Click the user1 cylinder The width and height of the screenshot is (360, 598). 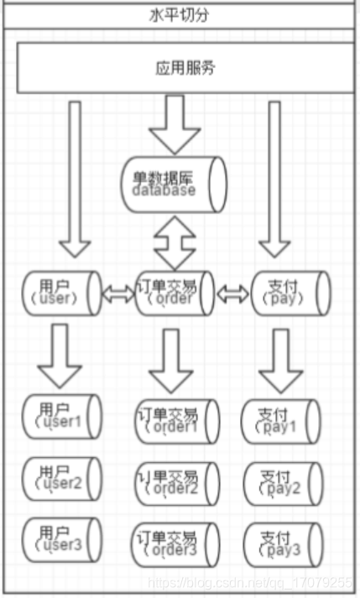61,416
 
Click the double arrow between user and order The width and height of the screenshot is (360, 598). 117,294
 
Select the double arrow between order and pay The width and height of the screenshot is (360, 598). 233,294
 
